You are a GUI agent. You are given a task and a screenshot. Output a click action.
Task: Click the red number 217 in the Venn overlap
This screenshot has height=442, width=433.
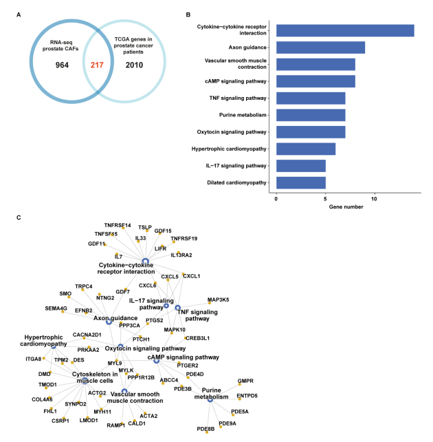95,65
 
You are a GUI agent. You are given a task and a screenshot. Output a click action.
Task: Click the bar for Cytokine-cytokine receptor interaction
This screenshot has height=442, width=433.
344,30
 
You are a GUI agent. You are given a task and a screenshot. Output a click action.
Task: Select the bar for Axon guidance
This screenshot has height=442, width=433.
320,48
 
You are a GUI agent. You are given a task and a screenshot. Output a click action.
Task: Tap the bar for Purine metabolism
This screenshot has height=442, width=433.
311,115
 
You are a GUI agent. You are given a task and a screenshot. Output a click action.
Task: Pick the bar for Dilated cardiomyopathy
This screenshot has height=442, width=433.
300,183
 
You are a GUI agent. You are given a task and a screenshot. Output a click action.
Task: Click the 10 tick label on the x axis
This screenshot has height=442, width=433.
374,200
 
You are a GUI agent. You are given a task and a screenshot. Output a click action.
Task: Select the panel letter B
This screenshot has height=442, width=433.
189,13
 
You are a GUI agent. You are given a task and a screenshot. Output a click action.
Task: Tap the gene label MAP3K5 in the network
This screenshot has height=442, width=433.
219,300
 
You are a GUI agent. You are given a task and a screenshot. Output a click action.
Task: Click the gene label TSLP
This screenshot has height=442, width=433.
145,227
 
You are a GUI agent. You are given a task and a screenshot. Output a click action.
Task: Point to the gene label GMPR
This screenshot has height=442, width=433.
246,381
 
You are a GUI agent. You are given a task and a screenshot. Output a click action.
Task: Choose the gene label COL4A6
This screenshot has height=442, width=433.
41,399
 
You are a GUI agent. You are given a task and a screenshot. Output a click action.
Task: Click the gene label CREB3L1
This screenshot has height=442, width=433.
197,338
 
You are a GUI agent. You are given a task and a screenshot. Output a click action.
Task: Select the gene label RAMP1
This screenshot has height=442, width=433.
115,425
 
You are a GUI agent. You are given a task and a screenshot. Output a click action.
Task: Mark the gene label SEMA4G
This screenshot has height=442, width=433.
57,308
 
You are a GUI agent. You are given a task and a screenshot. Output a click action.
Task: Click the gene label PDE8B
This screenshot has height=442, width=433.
206,429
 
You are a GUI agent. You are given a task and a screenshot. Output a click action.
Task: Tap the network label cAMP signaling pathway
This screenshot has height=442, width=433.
184,357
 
